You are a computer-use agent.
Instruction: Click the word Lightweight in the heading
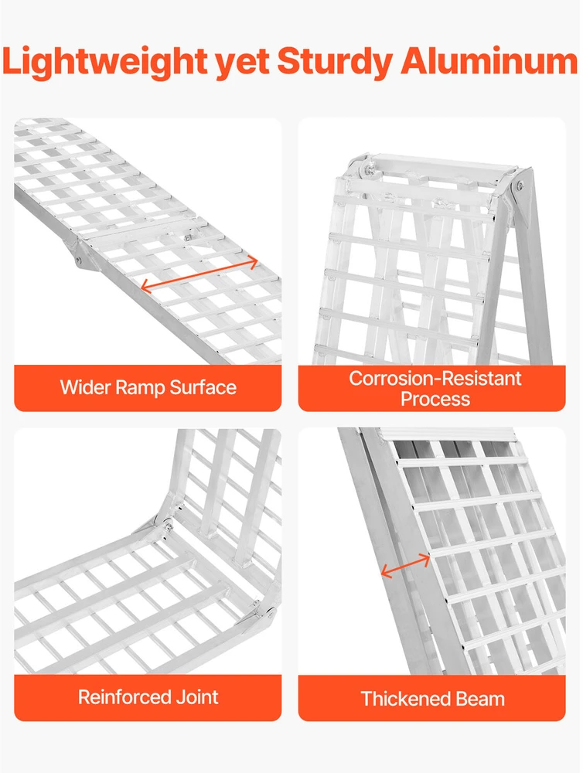(x=105, y=61)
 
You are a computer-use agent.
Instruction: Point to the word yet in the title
(x=243, y=63)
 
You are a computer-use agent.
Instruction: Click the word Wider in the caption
(x=84, y=387)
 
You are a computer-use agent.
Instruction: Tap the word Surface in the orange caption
(x=203, y=387)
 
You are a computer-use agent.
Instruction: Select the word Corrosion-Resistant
(x=435, y=378)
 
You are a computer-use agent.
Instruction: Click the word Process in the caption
(x=435, y=399)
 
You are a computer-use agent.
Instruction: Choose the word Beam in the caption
(x=479, y=699)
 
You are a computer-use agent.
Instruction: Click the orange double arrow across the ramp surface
(x=199, y=274)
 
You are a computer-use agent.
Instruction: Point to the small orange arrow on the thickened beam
(x=405, y=565)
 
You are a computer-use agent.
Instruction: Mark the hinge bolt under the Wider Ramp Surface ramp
(x=78, y=261)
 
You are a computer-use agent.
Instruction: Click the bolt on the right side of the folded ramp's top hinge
(x=520, y=186)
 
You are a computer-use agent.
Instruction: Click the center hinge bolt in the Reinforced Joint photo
(x=167, y=526)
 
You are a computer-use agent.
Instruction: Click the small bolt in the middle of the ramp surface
(x=188, y=238)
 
